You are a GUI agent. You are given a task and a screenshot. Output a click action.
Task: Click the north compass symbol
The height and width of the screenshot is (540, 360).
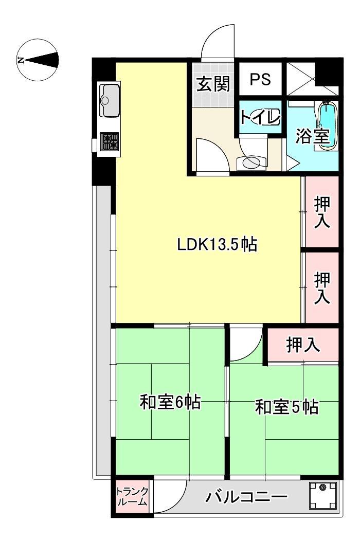pyautogui.click(x=39, y=60)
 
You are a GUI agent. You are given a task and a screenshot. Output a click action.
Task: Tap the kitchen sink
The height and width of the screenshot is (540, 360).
pyautogui.click(x=109, y=101)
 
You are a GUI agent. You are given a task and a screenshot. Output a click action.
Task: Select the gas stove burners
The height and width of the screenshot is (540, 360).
pyautogui.click(x=110, y=141)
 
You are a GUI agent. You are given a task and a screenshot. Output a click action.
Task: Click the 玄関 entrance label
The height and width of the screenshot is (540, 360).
pyautogui.click(x=213, y=84)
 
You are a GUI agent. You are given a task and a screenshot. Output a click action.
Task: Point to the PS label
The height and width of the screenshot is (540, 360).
pyautogui.click(x=260, y=80)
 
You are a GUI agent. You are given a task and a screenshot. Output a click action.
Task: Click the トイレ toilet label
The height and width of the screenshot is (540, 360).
pyautogui.click(x=260, y=117)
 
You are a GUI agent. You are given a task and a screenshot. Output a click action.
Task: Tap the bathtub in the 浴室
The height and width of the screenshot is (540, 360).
pyautogui.click(x=327, y=125)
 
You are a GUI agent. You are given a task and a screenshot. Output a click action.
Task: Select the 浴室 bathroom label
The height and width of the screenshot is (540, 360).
pyautogui.click(x=313, y=137)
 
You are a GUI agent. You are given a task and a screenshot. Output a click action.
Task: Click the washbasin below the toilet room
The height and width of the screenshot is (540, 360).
pyautogui.click(x=252, y=162)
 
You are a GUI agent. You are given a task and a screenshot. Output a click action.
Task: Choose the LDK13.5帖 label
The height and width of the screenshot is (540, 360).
pyautogui.click(x=217, y=244)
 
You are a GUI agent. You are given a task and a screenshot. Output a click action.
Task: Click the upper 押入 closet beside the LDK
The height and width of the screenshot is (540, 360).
pyautogui.click(x=322, y=212)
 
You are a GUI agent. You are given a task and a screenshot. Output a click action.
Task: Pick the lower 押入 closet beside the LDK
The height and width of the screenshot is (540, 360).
pyautogui.click(x=322, y=288)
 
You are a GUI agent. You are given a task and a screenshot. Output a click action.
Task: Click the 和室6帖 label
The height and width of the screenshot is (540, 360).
pyautogui.click(x=170, y=402)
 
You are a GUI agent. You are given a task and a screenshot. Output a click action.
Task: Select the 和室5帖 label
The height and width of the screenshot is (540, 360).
pyautogui.click(x=286, y=407)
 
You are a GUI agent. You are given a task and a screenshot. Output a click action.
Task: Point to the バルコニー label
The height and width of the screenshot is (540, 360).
pyautogui.click(x=247, y=497)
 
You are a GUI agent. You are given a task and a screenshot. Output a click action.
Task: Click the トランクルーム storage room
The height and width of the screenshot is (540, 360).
pyautogui.click(x=133, y=497)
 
